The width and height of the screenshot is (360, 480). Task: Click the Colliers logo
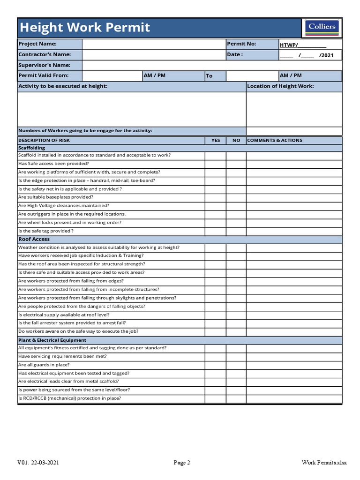(x=322, y=28)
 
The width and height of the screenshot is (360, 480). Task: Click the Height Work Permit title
(x=84, y=28)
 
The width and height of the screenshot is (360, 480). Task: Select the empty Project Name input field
(x=153, y=44)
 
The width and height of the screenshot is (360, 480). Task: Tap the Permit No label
(x=241, y=44)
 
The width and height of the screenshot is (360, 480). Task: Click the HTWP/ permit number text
(x=289, y=45)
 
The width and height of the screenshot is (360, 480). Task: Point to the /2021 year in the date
(x=326, y=55)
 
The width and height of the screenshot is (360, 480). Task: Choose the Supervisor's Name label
(x=45, y=65)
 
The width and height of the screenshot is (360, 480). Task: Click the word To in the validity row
(x=209, y=76)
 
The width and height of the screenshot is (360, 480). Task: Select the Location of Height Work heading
(x=280, y=86)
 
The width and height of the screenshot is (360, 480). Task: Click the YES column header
(x=216, y=140)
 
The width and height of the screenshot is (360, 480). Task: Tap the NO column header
(x=236, y=140)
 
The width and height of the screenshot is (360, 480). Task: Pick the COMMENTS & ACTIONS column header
(x=275, y=140)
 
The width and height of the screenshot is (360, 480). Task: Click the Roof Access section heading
(x=34, y=239)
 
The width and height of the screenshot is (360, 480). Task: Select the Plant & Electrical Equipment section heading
(x=52, y=340)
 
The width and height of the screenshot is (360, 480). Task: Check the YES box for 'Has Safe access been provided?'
(x=216, y=164)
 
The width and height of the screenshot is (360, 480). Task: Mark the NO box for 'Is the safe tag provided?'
(x=236, y=231)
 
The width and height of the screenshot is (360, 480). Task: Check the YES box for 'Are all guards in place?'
(x=216, y=365)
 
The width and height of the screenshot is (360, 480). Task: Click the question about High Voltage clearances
(x=64, y=206)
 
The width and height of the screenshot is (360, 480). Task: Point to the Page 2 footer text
(x=182, y=463)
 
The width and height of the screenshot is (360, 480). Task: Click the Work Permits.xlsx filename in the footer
(x=324, y=463)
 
